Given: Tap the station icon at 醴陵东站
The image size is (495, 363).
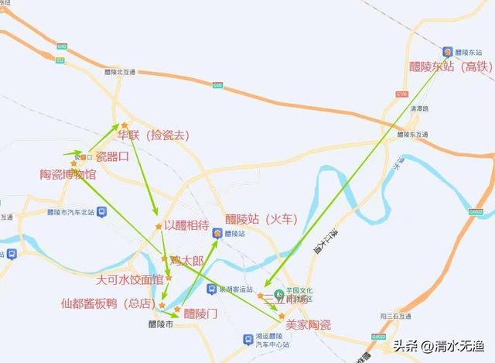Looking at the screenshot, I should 446,50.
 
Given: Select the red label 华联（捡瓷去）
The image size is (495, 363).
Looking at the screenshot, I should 152,135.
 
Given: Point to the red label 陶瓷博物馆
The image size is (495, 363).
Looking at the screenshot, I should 67,175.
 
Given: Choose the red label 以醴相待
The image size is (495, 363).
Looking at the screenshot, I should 186,225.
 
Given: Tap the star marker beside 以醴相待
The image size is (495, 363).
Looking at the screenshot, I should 158,226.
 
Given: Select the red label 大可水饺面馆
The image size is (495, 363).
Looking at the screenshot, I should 129,278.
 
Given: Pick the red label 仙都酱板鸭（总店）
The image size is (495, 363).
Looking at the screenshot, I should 108,303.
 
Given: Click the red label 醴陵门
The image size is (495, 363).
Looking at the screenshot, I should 200,313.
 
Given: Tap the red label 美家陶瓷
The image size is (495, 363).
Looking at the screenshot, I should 307,324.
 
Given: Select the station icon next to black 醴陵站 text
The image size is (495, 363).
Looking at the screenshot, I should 217,233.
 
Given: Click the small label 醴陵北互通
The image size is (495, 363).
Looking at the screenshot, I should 120,72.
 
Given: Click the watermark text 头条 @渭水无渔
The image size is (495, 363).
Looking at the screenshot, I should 437,345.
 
